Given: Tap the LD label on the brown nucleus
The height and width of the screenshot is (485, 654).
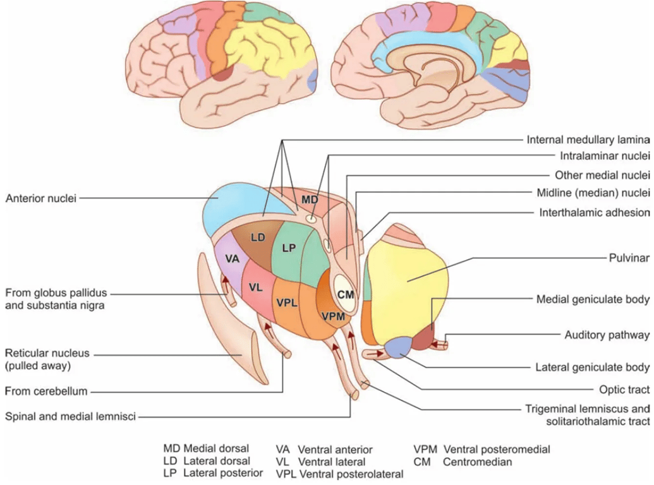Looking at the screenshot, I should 257,238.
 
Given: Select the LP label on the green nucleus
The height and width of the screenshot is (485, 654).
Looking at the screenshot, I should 289,248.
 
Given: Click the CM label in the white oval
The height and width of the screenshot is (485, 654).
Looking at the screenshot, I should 344,294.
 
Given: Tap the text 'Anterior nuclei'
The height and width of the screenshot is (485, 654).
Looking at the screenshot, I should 40,198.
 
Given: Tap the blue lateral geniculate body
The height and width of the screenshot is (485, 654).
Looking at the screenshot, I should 398,348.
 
